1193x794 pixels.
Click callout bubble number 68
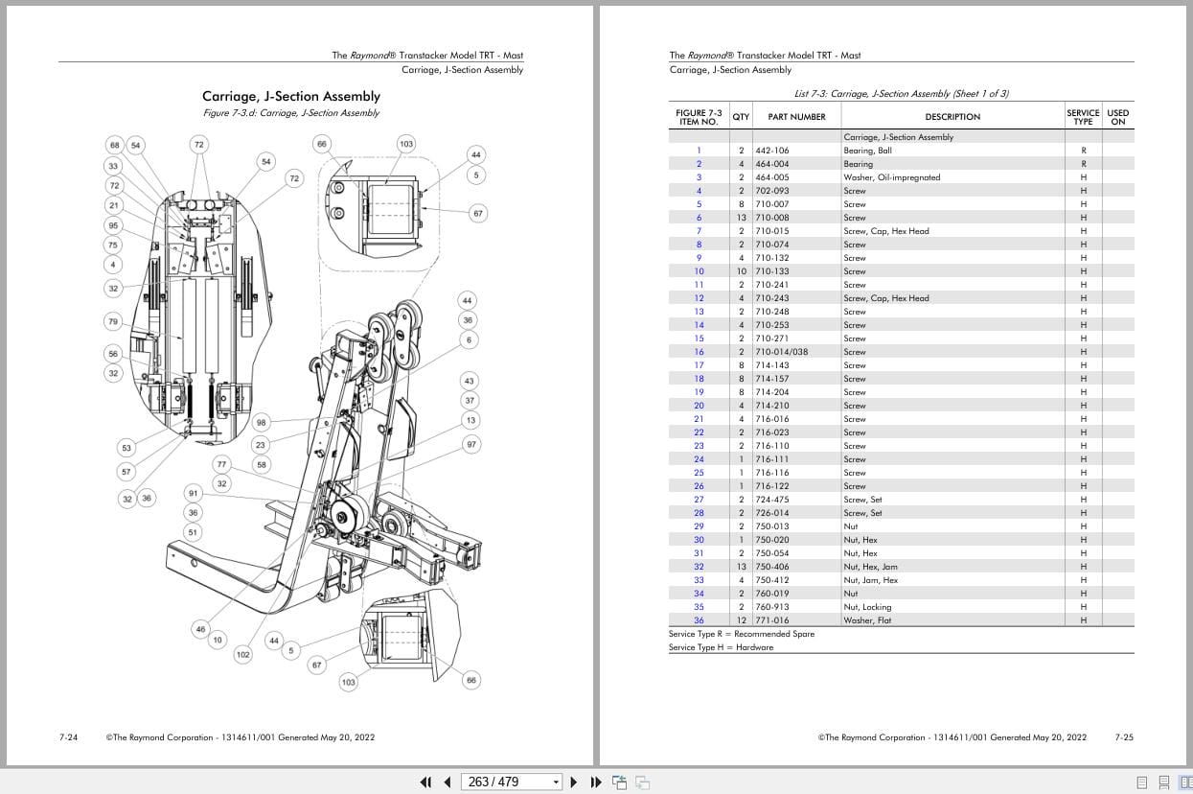pos(115,146)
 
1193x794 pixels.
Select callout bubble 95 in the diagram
pos(114,225)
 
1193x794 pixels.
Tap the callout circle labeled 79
pos(114,321)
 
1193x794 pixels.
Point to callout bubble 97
pos(471,445)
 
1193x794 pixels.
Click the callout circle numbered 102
pos(243,654)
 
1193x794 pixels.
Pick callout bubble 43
pos(469,381)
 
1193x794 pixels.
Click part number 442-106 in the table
pos(771,151)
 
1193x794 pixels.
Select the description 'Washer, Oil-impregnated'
pos(891,177)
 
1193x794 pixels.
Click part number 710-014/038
pos(781,352)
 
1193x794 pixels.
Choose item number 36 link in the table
pos(699,620)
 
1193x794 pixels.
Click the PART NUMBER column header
pos(796,117)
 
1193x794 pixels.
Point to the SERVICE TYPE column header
pos(1083,117)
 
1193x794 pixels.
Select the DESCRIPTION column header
pos(952,117)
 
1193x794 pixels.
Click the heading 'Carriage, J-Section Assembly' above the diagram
pos(290,96)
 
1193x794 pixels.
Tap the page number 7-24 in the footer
pos(68,737)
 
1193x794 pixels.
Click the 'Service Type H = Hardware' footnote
pos(721,647)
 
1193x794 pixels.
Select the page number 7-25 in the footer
pos(1124,737)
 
